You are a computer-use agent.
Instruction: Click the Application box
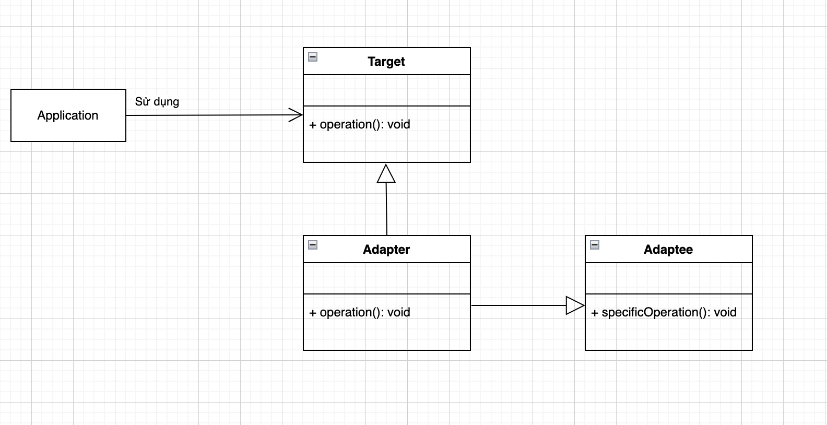[68, 115]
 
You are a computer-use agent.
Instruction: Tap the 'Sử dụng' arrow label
[157, 102]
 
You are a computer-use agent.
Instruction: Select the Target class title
[386, 62]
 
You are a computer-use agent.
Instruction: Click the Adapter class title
[386, 250]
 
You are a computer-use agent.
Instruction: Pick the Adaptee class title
[668, 250]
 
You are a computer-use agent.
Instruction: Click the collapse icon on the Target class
[313, 57]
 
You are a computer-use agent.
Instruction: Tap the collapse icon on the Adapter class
[313, 245]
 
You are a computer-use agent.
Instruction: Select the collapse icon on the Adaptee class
[595, 245]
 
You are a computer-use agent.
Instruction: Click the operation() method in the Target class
[360, 124]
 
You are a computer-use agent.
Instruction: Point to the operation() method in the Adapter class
[360, 312]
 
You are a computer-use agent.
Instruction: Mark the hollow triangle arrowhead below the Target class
[386, 174]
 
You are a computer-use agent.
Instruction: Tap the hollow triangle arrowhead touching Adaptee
[574, 305]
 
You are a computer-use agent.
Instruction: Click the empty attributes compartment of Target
[386, 90]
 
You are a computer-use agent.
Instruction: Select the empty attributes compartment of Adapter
[386, 278]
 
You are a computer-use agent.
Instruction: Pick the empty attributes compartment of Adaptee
[668, 278]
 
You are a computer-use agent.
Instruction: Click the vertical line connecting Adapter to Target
[386, 209]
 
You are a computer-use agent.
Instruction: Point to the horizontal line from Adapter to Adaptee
[517, 305]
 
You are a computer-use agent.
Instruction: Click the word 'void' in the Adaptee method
[725, 312]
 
